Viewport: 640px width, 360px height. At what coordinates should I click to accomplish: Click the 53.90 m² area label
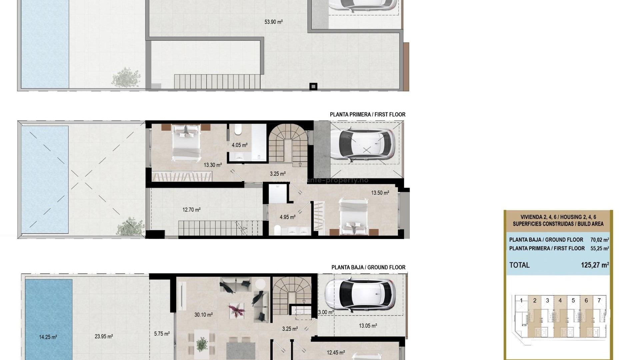click(x=273, y=22)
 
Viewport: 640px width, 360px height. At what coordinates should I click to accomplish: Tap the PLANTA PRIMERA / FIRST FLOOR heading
click(x=367, y=114)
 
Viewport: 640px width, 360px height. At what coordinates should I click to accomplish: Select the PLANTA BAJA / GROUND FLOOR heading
click(x=368, y=267)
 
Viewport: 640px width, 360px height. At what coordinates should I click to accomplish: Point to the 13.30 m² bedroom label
click(x=213, y=165)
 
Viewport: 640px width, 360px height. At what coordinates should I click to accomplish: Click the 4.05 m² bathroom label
click(x=239, y=145)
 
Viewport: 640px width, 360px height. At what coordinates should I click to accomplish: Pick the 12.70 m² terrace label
click(x=191, y=210)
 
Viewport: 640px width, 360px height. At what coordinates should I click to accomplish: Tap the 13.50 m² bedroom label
click(x=380, y=193)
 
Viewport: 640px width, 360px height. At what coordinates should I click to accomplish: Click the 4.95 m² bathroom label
click(x=287, y=217)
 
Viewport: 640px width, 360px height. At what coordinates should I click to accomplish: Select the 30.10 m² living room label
click(x=203, y=315)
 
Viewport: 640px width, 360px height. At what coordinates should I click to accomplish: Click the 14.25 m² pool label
click(x=48, y=337)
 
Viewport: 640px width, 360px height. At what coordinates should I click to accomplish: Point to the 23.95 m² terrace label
click(x=103, y=337)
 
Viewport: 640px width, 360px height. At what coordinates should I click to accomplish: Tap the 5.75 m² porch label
click(x=162, y=334)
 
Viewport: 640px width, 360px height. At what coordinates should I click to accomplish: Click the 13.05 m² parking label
click(x=368, y=326)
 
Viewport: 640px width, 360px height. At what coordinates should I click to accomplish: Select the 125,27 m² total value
click(x=595, y=265)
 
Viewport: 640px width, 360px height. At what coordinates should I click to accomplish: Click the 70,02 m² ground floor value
click(x=599, y=240)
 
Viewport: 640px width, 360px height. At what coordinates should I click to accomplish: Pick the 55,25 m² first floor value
click(x=599, y=248)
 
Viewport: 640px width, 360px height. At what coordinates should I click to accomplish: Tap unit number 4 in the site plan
click(x=560, y=300)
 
